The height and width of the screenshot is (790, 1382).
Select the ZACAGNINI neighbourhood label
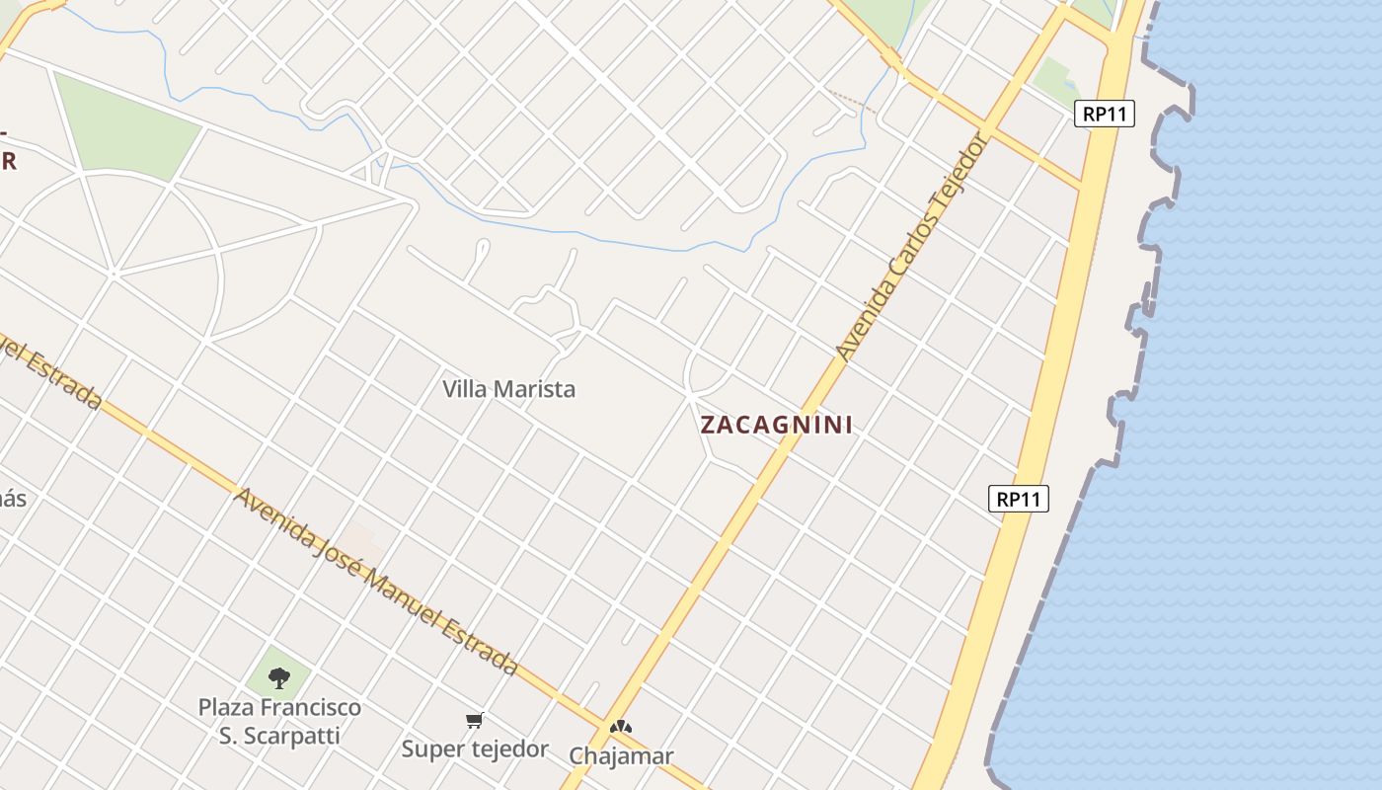[776, 425]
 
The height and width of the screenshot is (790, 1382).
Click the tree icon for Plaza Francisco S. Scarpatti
[279, 678]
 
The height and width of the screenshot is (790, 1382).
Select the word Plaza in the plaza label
[227, 708]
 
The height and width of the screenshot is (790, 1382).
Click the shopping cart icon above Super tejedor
[475, 721]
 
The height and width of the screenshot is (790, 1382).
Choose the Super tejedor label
[475, 750]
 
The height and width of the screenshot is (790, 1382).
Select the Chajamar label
[621, 756]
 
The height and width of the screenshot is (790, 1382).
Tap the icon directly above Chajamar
[620, 728]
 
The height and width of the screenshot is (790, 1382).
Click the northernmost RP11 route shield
[1105, 114]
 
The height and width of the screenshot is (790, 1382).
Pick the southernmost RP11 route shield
[1018, 499]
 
